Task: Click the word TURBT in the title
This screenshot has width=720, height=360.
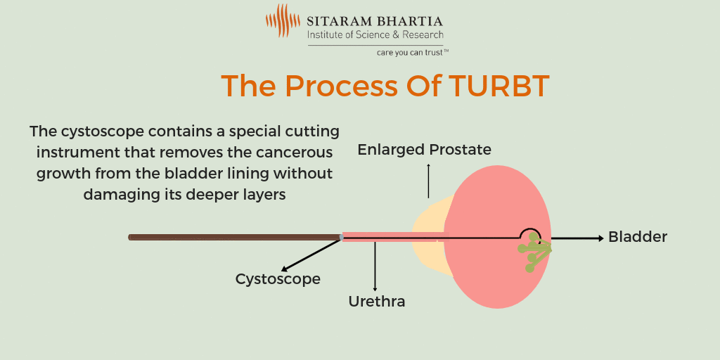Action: click(x=499, y=85)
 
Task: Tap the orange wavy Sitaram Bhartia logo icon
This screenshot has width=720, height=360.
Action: click(x=283, y=20)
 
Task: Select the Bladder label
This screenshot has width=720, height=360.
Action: click(x=637, y=237)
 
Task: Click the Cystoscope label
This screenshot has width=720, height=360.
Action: click(x=278, y=279)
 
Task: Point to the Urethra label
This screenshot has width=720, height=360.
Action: click(x=377, y=302)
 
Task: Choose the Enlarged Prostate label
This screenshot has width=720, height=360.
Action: click(x=424, y=150)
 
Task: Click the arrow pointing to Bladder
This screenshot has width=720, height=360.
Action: click(x=577, y=238)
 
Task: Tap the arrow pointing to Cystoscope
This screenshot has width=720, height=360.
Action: click(x=311, y=255)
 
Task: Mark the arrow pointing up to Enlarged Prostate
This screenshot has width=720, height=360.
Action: click(x=428, y=180)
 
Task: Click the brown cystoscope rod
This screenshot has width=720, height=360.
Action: click(x=235, y=238)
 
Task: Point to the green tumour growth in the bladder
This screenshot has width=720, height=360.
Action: click(x=535, y=252)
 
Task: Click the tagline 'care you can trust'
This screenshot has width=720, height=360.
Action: click(x=413, y=52)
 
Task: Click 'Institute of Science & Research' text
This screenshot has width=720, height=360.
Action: click(x=375, y=34)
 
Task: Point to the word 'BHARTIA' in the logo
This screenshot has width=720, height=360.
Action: click(x=410, y=21)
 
